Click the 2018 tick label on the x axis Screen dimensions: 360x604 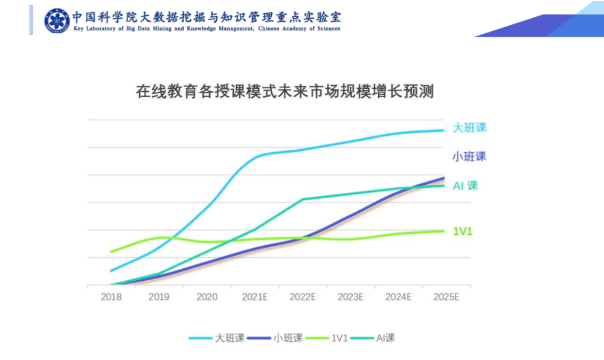click(111, 297)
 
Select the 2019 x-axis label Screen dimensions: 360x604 click(159, 297)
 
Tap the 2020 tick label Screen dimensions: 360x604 click(207, 297)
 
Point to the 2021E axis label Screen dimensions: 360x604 click(255, 297)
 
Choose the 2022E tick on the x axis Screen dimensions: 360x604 click(303, 297)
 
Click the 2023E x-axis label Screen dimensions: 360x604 click(350, 297)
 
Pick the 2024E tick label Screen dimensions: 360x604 click(399, 297)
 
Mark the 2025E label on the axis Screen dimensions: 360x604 click(446, 297)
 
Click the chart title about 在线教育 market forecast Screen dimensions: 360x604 click(285, 92)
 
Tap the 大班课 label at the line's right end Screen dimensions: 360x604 click(469, 128)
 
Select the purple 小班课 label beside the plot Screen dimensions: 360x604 click(469, 156)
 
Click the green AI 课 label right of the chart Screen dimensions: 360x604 click(466, 185)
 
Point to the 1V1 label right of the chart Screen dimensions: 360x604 click(463, 231)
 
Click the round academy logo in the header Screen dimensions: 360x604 click(56, 20)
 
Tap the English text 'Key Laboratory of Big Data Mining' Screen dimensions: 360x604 click(206, 28)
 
